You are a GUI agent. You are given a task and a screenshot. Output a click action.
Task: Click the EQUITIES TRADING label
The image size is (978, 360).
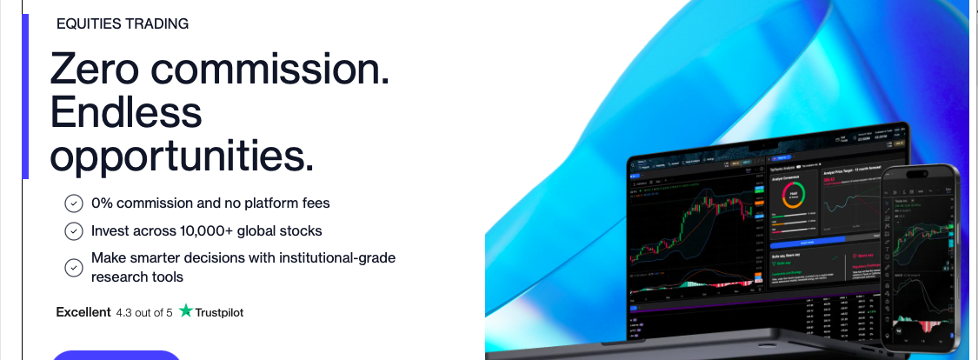122,24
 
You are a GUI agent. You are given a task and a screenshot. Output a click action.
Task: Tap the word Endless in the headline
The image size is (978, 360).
126,112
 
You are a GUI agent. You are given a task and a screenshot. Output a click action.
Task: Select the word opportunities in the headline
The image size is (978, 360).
181,156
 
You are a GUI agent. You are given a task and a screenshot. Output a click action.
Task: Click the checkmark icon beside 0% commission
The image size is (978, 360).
74,203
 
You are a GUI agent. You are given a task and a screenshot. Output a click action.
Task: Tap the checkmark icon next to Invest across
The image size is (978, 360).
74,231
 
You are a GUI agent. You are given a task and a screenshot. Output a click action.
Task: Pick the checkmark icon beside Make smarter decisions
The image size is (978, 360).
74,268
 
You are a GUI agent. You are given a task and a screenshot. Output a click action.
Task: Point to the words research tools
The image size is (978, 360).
137,277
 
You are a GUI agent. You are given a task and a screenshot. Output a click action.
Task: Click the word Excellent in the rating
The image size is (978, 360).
83,312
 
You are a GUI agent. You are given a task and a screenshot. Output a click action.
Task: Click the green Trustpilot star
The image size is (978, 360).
185,311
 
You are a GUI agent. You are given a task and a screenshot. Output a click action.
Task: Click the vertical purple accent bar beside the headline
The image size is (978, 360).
25,96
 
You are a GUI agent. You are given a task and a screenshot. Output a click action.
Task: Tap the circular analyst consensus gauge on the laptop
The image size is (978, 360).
795,196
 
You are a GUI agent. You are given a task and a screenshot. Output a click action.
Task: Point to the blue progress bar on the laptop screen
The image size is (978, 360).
808,236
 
